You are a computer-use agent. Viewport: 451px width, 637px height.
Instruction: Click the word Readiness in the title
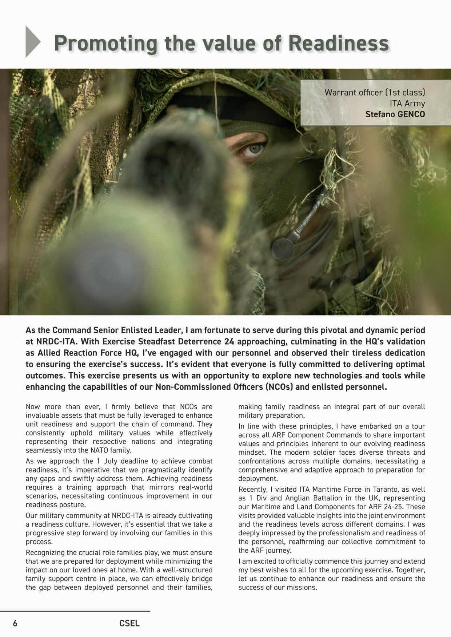[x=339, y=43]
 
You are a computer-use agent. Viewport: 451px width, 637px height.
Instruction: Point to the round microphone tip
[x=282, y=248]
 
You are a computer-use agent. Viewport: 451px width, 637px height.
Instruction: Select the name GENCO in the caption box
[x=411, y=114]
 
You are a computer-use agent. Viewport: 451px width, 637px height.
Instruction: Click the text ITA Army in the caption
[x=407, y=103]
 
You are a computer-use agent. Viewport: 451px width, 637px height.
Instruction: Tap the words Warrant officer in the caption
[x=348, y=92]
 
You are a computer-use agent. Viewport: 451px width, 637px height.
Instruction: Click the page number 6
[x=15, y=623]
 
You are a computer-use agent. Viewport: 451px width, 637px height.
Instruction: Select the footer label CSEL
[x=129, y=623]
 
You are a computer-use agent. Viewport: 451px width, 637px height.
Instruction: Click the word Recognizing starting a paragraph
[x=47, y=552]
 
